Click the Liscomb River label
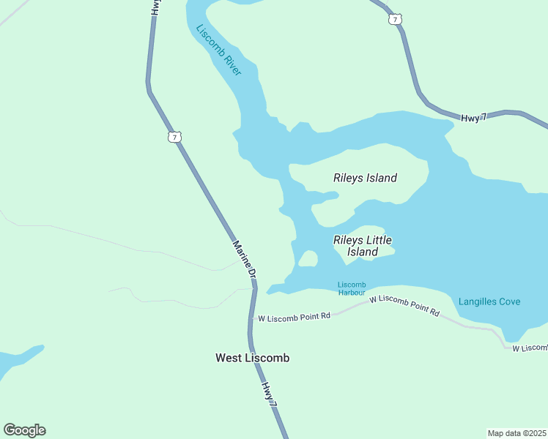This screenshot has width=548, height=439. (218, 50)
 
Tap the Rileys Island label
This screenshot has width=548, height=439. (365, 178)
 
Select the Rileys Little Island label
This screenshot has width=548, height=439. (362, 246)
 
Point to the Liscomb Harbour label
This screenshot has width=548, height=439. (352, 288)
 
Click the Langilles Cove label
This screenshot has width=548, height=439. (489, 301)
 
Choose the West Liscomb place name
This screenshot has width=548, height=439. (252, 358)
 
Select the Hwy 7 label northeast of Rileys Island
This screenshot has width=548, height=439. (473, 118)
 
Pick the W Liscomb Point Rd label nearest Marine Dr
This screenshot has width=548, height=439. (295, 316)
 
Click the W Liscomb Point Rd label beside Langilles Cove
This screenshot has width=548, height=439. (404, 306)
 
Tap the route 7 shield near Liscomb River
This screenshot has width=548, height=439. (174, 137)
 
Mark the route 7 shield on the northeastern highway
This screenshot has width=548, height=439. (396, 20)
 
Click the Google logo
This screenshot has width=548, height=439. (24, 430)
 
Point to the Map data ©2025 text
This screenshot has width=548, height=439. (516, 433)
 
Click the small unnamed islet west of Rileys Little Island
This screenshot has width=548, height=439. (308, 259)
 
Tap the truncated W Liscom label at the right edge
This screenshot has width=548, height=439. (529, 348)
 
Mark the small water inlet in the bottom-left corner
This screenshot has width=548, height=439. (18, 359)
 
